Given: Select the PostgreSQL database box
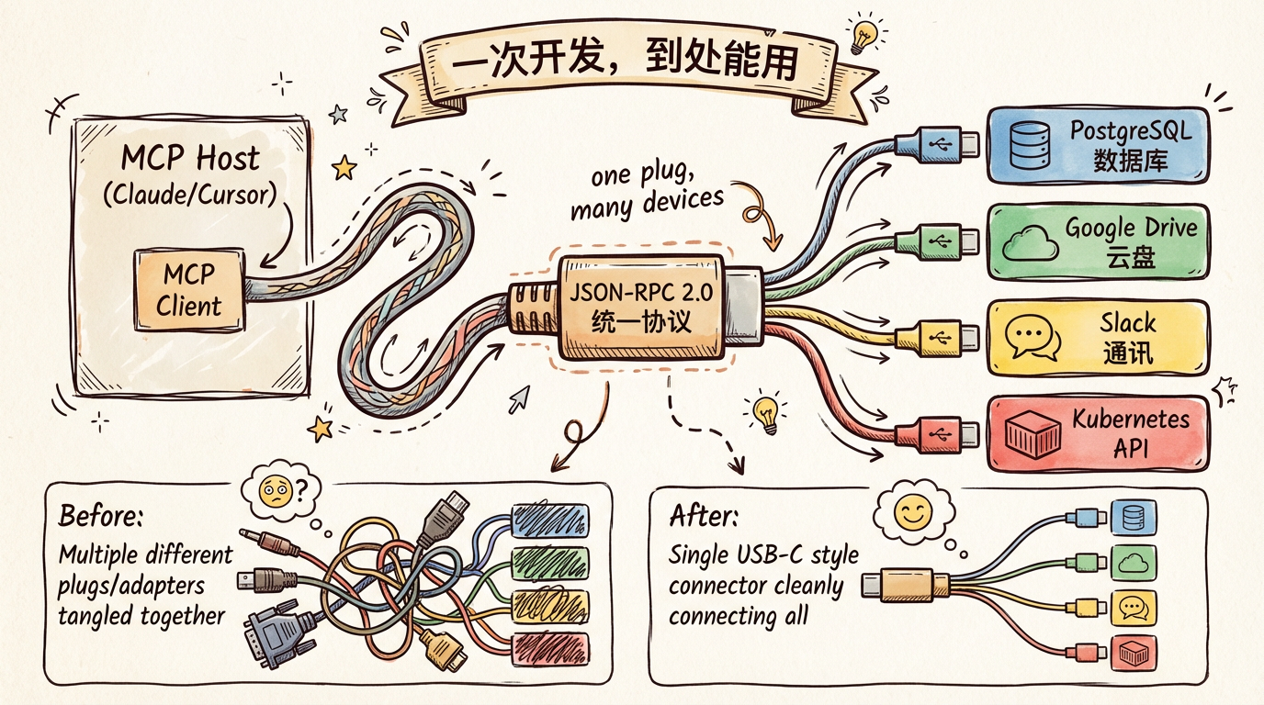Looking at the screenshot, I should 1097,145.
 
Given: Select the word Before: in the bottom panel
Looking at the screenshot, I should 100,517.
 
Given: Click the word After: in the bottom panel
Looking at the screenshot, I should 704,517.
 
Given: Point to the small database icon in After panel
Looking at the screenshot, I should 1129,517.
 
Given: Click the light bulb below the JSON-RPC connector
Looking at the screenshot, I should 766,412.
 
